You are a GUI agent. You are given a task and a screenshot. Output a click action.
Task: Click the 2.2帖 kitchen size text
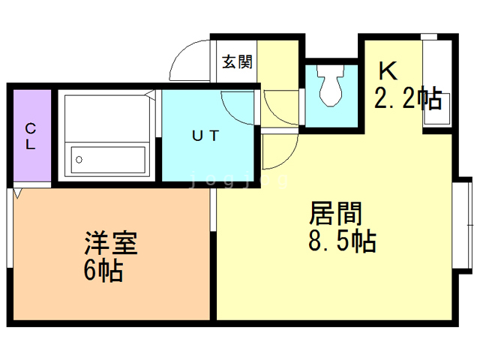(407, 97)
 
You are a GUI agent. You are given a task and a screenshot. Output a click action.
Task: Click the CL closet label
(30, 136)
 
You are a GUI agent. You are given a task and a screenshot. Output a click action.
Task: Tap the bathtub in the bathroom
(108, 160)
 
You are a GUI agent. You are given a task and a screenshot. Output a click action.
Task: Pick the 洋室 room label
(109, 243)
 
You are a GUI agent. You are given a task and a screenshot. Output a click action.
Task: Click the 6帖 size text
(103, 270)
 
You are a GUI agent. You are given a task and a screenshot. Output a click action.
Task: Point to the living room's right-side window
(464, 225)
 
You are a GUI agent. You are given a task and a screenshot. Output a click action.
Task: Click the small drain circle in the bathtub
(78, 160)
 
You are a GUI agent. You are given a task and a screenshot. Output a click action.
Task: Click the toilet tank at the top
(331, 72)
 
